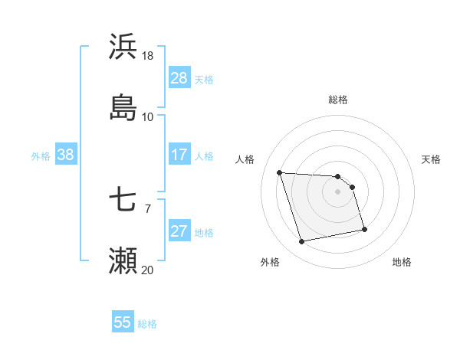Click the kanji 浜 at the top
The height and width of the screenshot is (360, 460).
(123, 47)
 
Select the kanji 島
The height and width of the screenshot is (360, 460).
(123, 107)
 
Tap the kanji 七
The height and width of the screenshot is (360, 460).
(123, 201)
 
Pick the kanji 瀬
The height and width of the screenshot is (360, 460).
(123, 260)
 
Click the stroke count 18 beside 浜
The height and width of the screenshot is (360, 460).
(148, 56)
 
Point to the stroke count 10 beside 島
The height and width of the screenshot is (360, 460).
(148, 116)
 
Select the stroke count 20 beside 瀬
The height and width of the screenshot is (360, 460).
(148, 270)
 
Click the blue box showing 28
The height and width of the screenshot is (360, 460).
(179, 78)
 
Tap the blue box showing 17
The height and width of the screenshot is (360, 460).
(179, 155)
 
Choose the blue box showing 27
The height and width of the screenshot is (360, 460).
(179, 231)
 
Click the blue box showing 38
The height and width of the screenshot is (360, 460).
(66, 155)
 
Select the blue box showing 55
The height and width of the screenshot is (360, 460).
(123, 322)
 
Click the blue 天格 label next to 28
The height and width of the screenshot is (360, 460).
(204, 79)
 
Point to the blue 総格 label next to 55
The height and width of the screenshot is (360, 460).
(147, 323)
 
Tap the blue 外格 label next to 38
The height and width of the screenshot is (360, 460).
(41, 155)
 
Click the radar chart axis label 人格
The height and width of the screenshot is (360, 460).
(245, 159)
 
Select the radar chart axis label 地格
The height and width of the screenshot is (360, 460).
(402, 262)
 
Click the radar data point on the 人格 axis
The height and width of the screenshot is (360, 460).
(280, 172)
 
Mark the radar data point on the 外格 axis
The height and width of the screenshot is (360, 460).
(302, 242)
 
